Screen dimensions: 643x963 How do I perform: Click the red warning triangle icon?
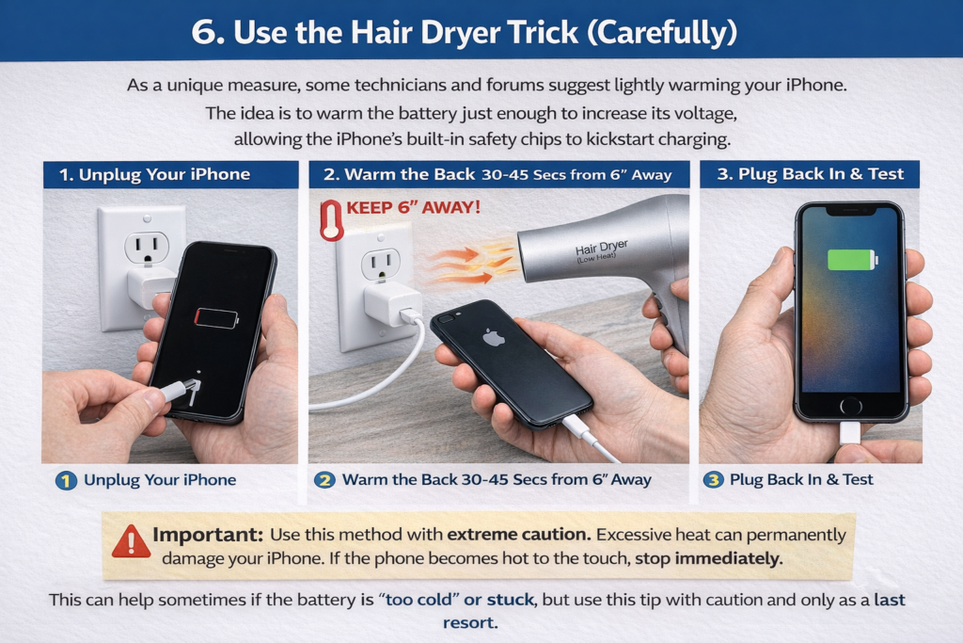pyautogui.click(x=131, y=542)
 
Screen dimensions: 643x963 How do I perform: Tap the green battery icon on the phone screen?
pyautogui.click(x=851, y=259)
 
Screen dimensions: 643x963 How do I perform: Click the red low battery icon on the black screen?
pyautogui.click(x=215, y=317)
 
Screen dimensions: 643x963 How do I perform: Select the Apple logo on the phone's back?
pyautogui.click(x=494, y=337)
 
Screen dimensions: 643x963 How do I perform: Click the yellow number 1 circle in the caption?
pyautogui.click(x=66, y=480)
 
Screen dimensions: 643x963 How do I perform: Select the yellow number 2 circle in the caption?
pyautogui.click(x=324, y=480)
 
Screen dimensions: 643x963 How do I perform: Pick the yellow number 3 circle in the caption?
pyautogui.click(x=714, y=480)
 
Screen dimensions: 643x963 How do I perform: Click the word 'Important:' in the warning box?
pyautogui.click(x=208, y=535)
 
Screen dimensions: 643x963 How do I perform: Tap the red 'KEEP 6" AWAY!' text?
pyautogui.click(x=414, y=206)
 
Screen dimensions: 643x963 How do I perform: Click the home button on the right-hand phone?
pyautogui.click(x=850, y=406)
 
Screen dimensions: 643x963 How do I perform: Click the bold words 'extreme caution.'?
pyautogui.click(x=519, y=535)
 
